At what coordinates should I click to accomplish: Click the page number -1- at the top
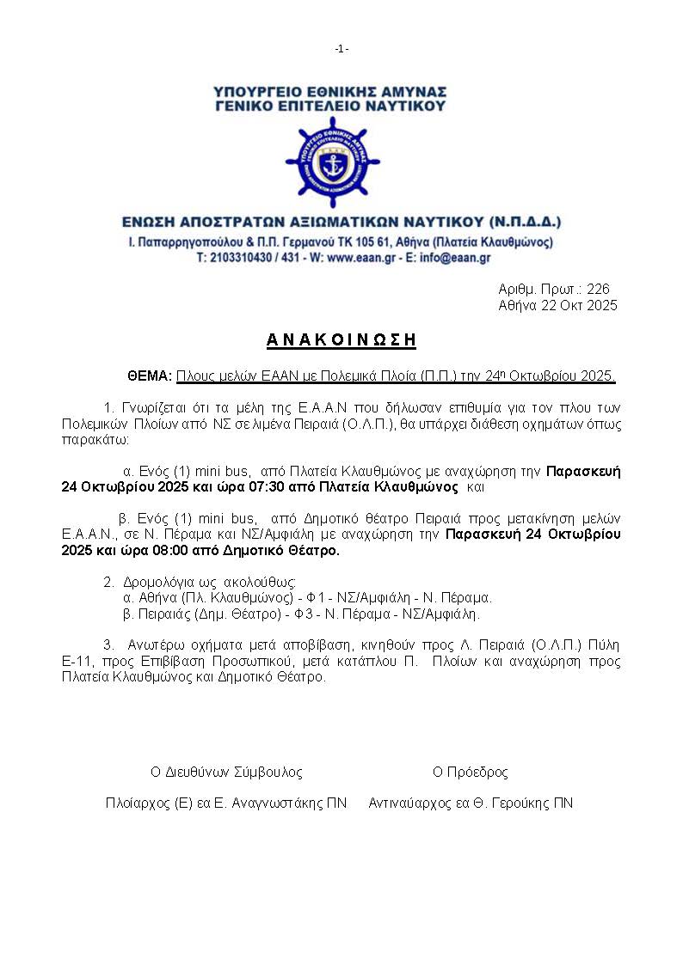[x=341, y=49]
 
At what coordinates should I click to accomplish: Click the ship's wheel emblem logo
[x=331, y=162]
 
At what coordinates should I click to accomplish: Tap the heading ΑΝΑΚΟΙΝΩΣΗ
[x=341, y=340]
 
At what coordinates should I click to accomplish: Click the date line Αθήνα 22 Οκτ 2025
[x=557, y=306]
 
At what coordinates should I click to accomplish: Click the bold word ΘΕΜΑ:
[x=150, y=376]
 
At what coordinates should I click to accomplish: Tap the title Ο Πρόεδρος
[x=470, y=772]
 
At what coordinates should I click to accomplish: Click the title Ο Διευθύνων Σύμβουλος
[x=226, y=772]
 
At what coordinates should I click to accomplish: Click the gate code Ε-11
[x=76, y=661]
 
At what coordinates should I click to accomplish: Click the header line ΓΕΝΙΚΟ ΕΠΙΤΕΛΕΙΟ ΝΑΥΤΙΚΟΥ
[x=331, y=107]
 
